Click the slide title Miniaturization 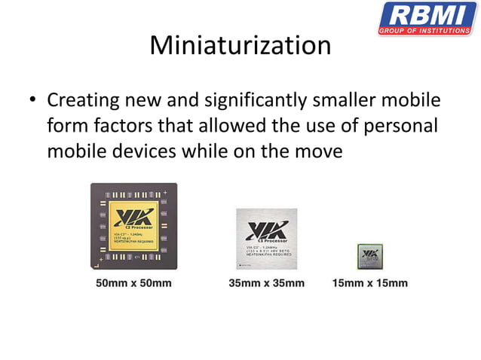pos(240,45)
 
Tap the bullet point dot pos(32,101)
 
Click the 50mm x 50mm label pos(133,283)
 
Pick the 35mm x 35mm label pos(267,283)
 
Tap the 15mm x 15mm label pos(369,283)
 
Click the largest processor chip pos(133,225)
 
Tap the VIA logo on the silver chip pos(266,228)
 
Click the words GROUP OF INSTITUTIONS pos(427,32)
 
